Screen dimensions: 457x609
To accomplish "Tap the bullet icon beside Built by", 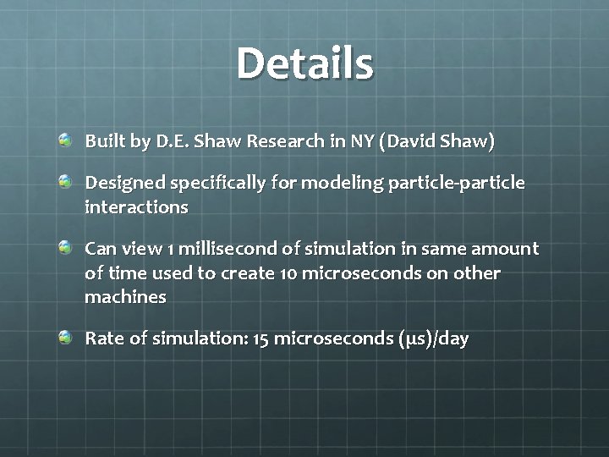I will tap(65, 138).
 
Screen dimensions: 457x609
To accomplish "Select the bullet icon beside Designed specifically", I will tap(65, 182).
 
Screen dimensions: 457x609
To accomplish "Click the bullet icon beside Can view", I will tap(65, 246).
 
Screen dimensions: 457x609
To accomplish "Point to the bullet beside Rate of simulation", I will tap(65, 338).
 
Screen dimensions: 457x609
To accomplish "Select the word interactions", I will tap(136, 206).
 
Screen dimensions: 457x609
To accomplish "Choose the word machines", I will tap(125, 297).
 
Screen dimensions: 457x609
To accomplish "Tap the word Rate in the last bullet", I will tap(102, 339).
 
